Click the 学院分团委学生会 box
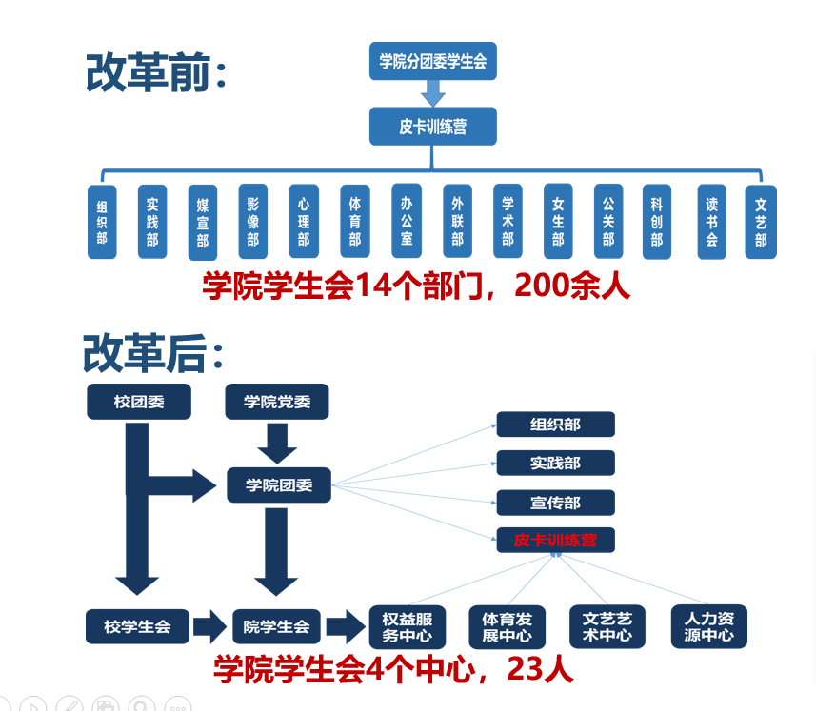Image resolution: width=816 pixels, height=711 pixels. coord(433,62)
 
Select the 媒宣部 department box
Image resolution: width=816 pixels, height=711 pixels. coord(202,223)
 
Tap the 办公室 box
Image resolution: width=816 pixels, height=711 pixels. coord(407,221)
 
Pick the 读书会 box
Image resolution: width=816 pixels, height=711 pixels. coord(711,221)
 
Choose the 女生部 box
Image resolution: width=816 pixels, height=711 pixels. coord(558,221)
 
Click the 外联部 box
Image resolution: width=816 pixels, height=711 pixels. coord(457,221)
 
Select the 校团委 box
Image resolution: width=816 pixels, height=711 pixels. coord(139,402)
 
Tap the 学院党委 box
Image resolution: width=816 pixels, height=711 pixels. coord(276,402)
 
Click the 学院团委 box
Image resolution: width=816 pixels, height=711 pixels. coord(279,485)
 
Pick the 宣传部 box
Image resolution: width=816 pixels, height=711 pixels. coord(555,503)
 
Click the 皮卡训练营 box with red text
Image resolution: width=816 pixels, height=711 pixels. coord(555,541)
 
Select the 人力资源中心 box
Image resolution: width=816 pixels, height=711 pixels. coord(709,626)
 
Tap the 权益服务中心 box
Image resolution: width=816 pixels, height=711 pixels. coord(408,626)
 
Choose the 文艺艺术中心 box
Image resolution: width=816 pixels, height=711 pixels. coord(607,626)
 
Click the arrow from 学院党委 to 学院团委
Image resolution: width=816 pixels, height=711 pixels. coord(277,441)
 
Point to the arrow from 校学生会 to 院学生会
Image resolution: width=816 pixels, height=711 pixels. coord(208,626)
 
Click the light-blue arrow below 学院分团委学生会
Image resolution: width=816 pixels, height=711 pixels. coord(433,93)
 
